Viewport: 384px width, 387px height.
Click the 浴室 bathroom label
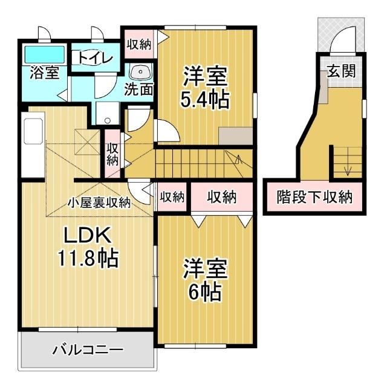(44, 73)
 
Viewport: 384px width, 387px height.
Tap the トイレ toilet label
(93, 58)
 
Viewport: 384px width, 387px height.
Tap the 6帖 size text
(204, 292)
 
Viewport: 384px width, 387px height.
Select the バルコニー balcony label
(88, 350)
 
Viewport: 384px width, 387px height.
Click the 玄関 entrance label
(341, 70)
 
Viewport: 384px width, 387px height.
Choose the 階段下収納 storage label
(314, 197)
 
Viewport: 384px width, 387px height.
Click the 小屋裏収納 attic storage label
(99, 203)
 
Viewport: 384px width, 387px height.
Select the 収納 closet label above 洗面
(138, 44)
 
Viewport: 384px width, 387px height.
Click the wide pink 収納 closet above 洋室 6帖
(221, 197)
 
